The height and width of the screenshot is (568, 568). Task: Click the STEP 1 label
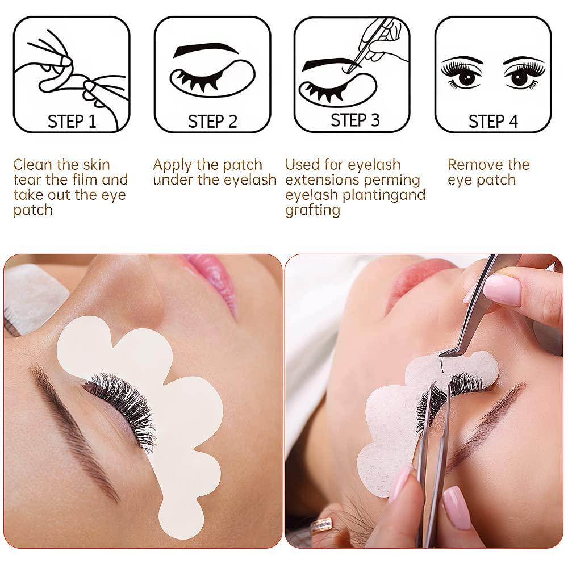click(72, 121)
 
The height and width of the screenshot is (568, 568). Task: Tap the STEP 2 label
click(212, 122)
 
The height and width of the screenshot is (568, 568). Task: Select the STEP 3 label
click(355, 120)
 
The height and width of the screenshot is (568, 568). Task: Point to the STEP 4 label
click(493, 122)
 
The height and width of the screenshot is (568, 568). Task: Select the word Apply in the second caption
click(173, 165)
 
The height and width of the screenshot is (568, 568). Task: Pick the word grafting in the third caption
click(312, 210)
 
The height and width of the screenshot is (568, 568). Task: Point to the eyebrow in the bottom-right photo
click(486, 420)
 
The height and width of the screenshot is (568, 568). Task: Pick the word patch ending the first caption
click(32, 210)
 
